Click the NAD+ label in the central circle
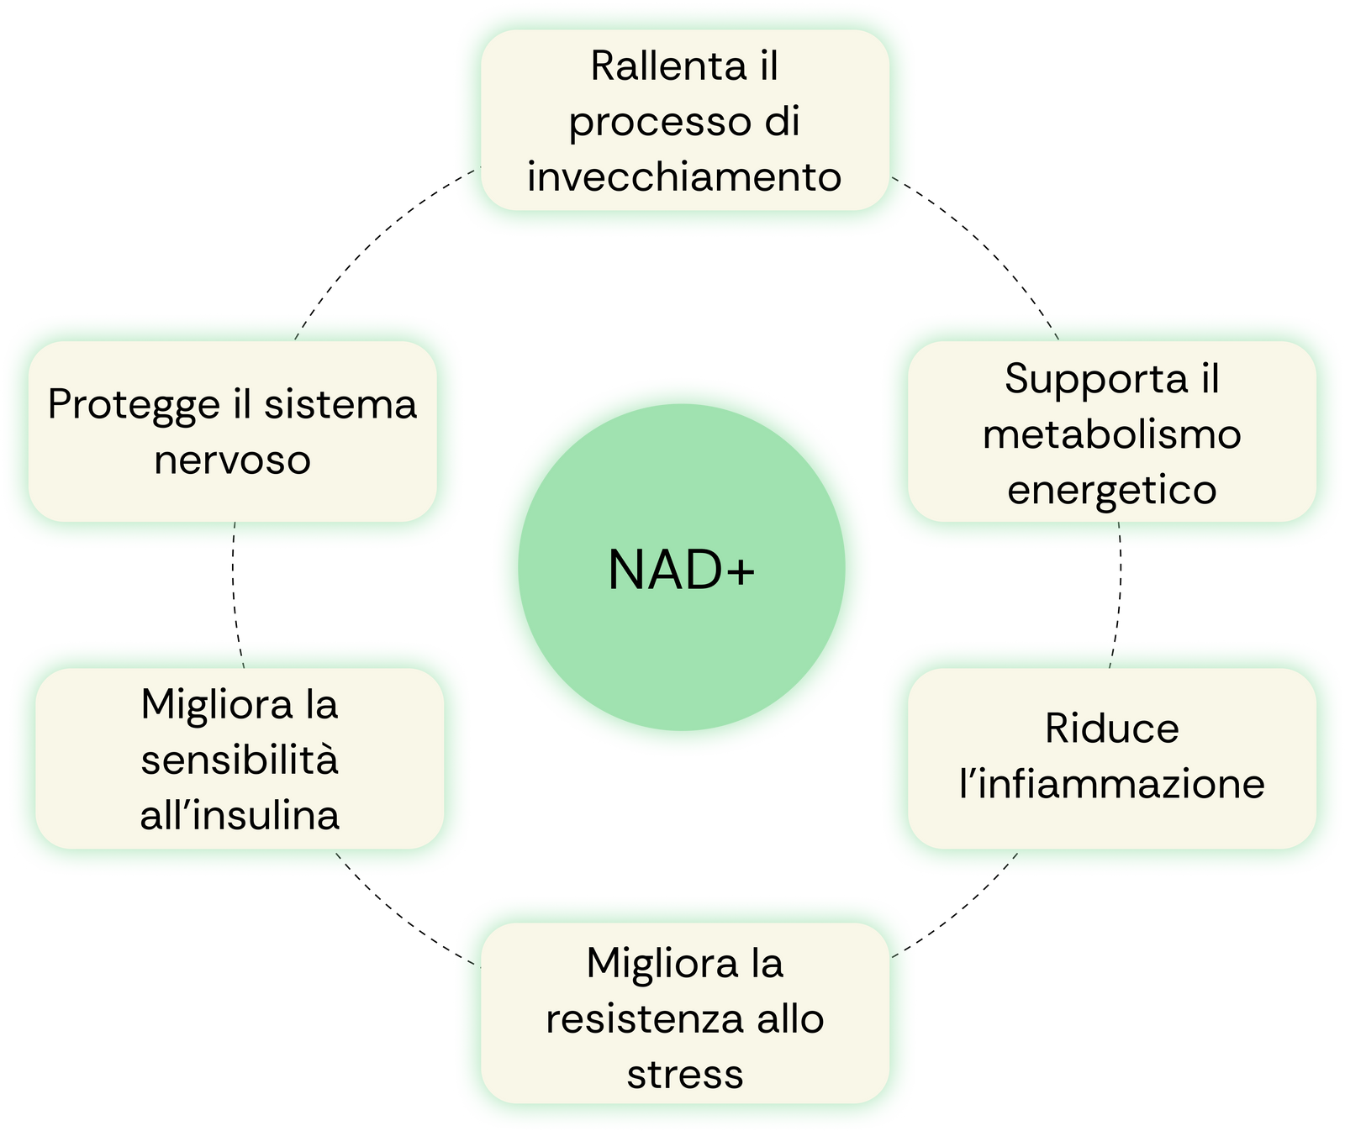pyautogui.click(x=681, y=571)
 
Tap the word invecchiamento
pyautogui.click(x=684, y=177)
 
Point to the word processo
pyautogui.click(x=660, y=123)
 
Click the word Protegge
pyautogui.click(x=134, y=405)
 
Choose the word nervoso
pyautogui.click(x=232, y=460)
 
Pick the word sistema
pyautogui.click(x=340, y=405)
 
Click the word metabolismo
pyautogui.click(x=1111, y=434)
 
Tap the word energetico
pyautogui.click(x=1111, y=490)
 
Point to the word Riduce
pyautogui.click(x=1111, y=729)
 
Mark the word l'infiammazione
pyautogui.click(x=1111, y=784)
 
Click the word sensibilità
pyautogui.click(x=240, y=760)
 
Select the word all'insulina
pyautogui.click(x=240, y=815)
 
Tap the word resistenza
pyautogui.click(x=644, y=1019)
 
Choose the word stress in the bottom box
pyautogui.click(x=684, y=1075)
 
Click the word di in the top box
pyautogui.click(x=782, y=122)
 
